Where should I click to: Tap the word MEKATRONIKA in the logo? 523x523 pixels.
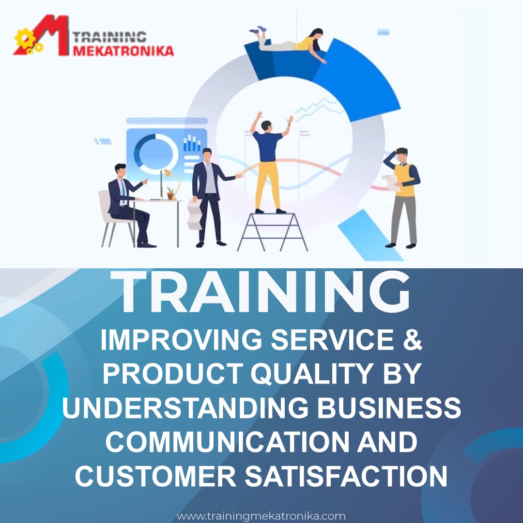pyautogui.click(x=123, y=50)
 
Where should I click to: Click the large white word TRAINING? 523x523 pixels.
pyautogui.click(x=262, y=292)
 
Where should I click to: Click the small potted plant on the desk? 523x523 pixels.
pyautogui.click(x=170, y=193)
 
